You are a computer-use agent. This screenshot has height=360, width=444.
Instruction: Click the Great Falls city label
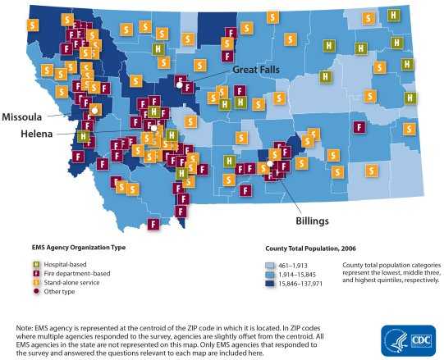click(256, 70)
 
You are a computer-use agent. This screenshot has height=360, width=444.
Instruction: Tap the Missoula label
click(23, 116)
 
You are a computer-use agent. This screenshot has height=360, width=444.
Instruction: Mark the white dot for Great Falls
click(180, 79)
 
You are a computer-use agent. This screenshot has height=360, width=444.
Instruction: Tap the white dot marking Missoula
click(95, 109)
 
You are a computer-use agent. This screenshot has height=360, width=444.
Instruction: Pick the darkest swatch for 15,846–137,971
click(271, 282)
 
